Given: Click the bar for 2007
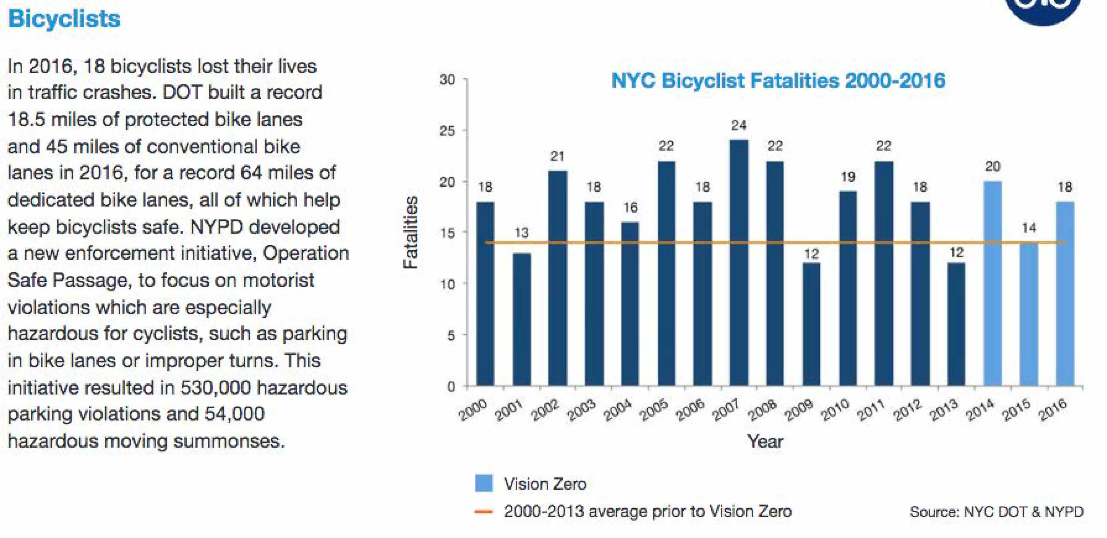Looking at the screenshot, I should (739, 262).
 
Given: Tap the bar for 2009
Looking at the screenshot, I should (811, 324).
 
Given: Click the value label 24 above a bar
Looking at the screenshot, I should (739, 126).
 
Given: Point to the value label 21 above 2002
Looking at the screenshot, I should (557, 156).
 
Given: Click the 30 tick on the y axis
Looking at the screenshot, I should (447, 80).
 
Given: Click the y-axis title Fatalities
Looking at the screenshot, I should (411, 232).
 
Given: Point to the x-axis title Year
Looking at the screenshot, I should (765, 441).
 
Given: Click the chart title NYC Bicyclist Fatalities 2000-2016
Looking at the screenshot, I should (778, 81).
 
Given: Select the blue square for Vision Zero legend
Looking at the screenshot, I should (483, 483).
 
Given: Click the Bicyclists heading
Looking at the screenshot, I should (64, 19).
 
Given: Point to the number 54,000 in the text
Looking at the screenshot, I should (234, 414).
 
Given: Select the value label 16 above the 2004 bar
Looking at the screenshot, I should (630, 208).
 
